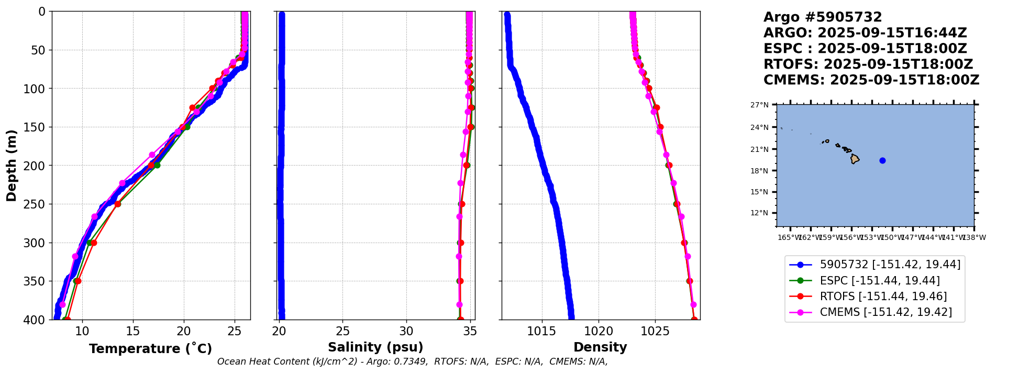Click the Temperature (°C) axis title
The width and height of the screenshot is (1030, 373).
coord(150,349)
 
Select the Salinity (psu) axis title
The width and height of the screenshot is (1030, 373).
coord(375,347)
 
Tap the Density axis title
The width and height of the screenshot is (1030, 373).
coord(600,347)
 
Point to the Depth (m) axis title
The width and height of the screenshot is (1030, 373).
coord(12,165)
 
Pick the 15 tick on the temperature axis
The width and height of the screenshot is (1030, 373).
coord(133,331)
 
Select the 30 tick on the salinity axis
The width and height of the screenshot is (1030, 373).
coord(406,331)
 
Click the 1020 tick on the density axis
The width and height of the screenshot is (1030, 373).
coord(599,331)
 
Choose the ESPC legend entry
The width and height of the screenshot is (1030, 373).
coord(879,281)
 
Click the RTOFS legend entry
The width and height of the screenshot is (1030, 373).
coord(883,297)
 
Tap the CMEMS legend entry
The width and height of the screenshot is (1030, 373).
coord(885,312)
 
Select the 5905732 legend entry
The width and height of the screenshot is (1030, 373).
coord(890,265)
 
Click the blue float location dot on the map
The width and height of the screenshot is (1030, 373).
coord(882,161)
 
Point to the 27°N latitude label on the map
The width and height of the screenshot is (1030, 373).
coord(759,105)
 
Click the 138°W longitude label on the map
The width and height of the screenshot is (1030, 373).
coord(975,238)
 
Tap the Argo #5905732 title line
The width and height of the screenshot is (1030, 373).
coord(823,17)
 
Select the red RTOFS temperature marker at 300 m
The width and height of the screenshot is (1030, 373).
coord(94,243)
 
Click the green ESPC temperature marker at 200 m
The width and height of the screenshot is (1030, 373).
coord(157,165)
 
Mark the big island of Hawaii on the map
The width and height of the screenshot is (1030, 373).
coord(855,159)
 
